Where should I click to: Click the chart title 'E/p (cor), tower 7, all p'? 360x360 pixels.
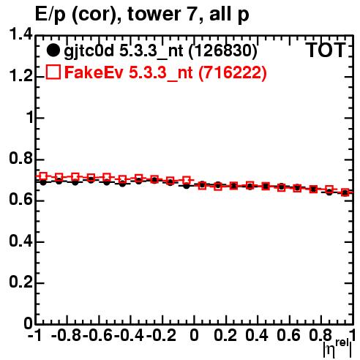[142, 15]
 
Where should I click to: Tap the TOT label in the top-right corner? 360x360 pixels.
[326, 50]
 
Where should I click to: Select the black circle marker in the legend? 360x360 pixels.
[53, 50]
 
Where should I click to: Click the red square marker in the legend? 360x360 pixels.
[53, 72]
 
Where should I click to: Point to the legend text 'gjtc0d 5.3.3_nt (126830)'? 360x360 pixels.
[160, 51]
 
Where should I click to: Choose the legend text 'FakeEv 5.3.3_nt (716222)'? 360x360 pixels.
[165, 72]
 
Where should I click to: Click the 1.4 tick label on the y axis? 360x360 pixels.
[21, 34]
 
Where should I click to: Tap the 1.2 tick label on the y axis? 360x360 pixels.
[21, 76]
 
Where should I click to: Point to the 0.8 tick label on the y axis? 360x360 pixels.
[21, 158]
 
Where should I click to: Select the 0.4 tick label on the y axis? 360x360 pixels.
[21, 241]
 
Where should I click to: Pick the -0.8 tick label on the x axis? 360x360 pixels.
[67, 335]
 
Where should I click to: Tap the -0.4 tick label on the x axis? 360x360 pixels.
[130, 335]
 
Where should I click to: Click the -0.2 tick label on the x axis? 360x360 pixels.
[161, 335]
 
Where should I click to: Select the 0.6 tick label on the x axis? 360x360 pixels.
[288, 335]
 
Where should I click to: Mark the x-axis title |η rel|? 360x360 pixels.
[337, 348]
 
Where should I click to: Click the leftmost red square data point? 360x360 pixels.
[43, 176]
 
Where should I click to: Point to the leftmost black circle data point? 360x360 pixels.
[43, 182]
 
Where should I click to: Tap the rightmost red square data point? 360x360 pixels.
[345, 192]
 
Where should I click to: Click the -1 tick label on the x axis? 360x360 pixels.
[34, 335]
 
